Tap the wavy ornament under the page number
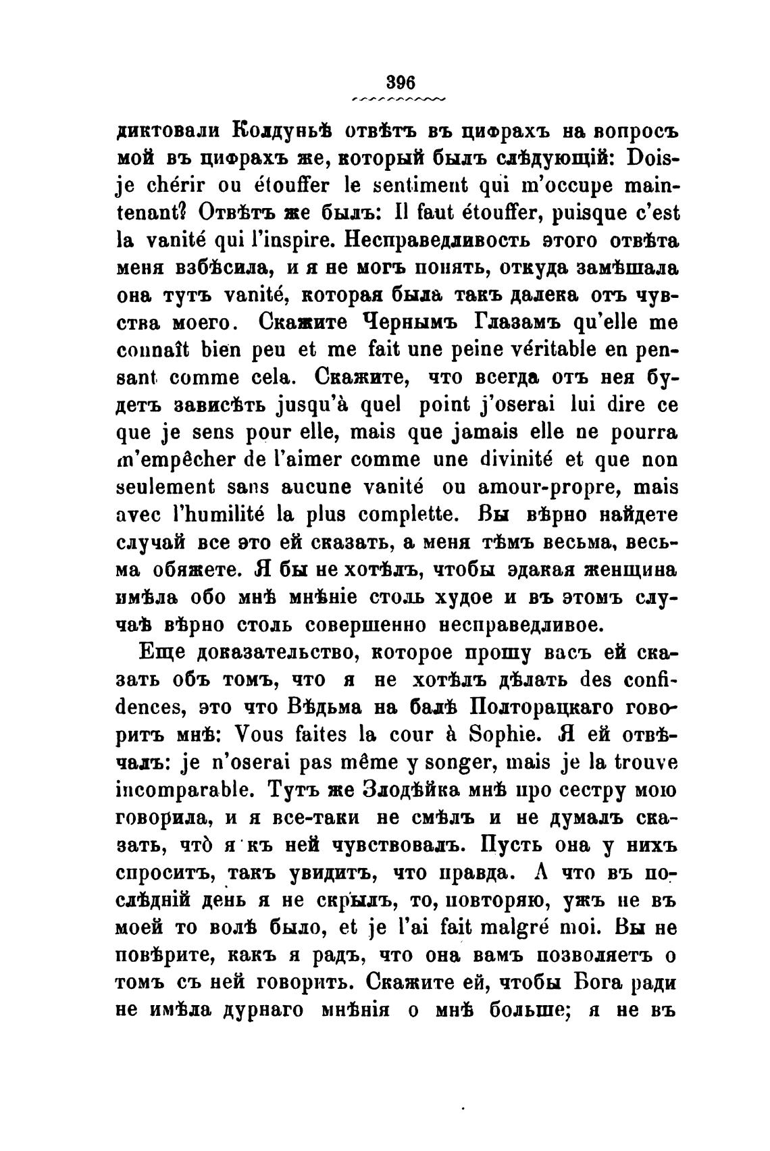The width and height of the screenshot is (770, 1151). [399, 99]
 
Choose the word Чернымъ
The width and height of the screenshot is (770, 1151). [419, 323]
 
